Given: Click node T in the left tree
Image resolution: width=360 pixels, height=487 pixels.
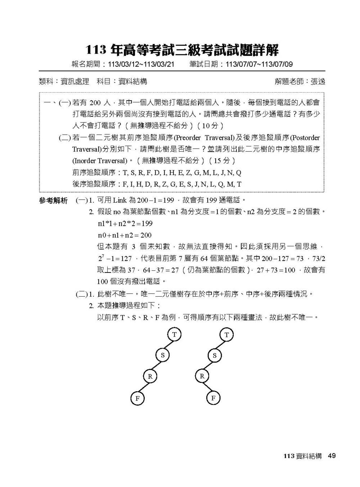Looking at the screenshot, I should [174, 334].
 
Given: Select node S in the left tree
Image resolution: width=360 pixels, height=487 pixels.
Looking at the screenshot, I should [162, 356].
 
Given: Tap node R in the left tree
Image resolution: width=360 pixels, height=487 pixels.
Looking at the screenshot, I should [150, 376].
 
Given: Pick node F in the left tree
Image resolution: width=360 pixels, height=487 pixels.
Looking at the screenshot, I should [137, 398].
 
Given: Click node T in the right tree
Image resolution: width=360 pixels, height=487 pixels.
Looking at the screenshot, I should [226, 335].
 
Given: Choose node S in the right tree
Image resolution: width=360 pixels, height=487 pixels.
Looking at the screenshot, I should [215, 356].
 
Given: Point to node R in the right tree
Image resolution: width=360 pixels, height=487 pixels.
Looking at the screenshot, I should [202, 376].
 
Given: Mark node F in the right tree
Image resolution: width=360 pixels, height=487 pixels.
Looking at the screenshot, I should [213, 398].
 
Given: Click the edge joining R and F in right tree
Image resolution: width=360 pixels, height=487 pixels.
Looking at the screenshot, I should [208, 387].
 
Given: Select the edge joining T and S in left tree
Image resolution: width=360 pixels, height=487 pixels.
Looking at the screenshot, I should [168, 345].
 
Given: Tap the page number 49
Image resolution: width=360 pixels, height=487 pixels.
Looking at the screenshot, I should [332, 456].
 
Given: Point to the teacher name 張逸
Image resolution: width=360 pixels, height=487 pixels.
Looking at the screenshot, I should [318, 82].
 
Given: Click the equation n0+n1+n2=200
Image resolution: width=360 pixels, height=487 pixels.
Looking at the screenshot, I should [125, 235].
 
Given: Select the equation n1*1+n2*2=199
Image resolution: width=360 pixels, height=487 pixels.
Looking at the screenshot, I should [125, 224].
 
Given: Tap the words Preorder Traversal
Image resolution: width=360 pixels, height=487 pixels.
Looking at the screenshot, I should [204, 138].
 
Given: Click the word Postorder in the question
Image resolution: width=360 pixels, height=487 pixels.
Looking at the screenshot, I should [305, 138].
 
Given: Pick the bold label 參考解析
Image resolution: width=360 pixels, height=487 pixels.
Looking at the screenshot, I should [53, 201].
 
